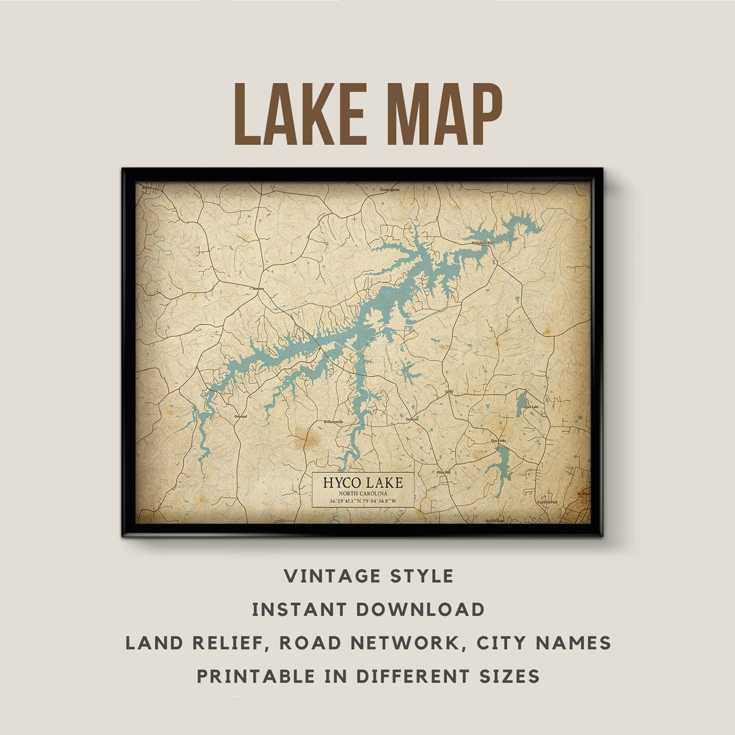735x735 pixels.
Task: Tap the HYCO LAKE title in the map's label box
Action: click(x=363, y=483)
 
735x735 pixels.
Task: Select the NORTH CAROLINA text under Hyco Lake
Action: click(x=363, y=493)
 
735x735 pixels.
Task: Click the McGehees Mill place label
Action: click(x=482, y=242)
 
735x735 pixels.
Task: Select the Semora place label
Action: click(x=257, y=289)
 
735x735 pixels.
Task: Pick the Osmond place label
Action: click(x=240, y=416)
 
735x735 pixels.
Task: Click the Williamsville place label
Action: click(x=333, y=421)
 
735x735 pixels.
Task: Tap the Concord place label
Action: click(x=412, y=419)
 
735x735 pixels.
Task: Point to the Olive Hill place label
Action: click(x=443, y=472)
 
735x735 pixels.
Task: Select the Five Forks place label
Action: click(x=498, y=441)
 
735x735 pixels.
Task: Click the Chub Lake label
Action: click(x=531, y=407)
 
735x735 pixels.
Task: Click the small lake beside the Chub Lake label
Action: click(x=521, y=404)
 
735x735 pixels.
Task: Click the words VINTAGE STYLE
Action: click(x=368, y=576)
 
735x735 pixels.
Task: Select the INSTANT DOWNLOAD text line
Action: click(x=368, y=609)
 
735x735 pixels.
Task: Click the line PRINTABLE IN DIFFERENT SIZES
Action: click(x=368, y=676)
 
